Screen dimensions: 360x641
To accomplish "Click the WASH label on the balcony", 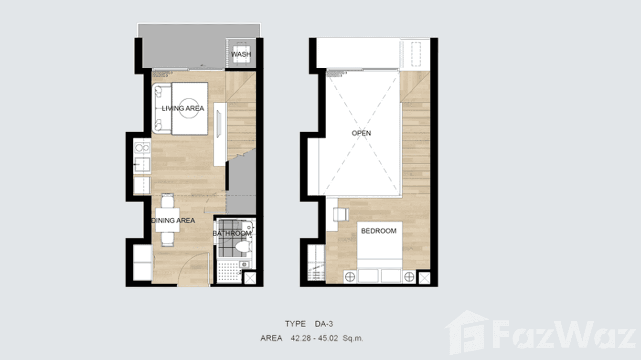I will [241, 54].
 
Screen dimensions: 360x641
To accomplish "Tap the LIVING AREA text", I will [182, 108].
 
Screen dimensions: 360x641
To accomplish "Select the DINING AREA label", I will [173, 221].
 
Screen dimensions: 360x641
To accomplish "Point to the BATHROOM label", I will [232, 233].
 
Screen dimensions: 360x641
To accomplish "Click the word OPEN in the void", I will [361, 133].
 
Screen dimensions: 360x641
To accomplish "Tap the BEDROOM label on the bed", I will [378, 231].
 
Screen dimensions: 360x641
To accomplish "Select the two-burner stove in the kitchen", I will [142, 148].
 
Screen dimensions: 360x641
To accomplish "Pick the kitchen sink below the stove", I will [142, 165].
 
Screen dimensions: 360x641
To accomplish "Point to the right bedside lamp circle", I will [408, 276].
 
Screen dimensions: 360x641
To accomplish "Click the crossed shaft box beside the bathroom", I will [250, 278].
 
